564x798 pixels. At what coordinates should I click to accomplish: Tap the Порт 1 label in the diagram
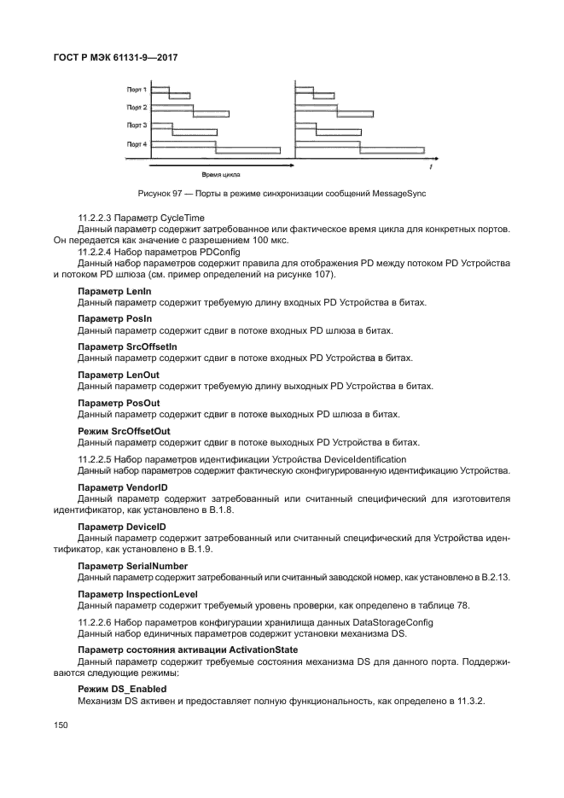(x=137, y=89)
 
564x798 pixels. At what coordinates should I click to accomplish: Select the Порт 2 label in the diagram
(x=137, y=108)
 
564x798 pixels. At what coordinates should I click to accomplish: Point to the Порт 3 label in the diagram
(x=137, y=125)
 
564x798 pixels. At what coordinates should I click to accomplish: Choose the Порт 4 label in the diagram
(x=137, y=144)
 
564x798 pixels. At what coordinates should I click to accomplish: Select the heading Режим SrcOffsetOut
(x=124, y=431)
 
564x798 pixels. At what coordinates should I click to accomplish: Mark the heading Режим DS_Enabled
(x=122, y=688)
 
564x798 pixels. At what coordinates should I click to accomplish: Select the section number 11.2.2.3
(x=95, y=218)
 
